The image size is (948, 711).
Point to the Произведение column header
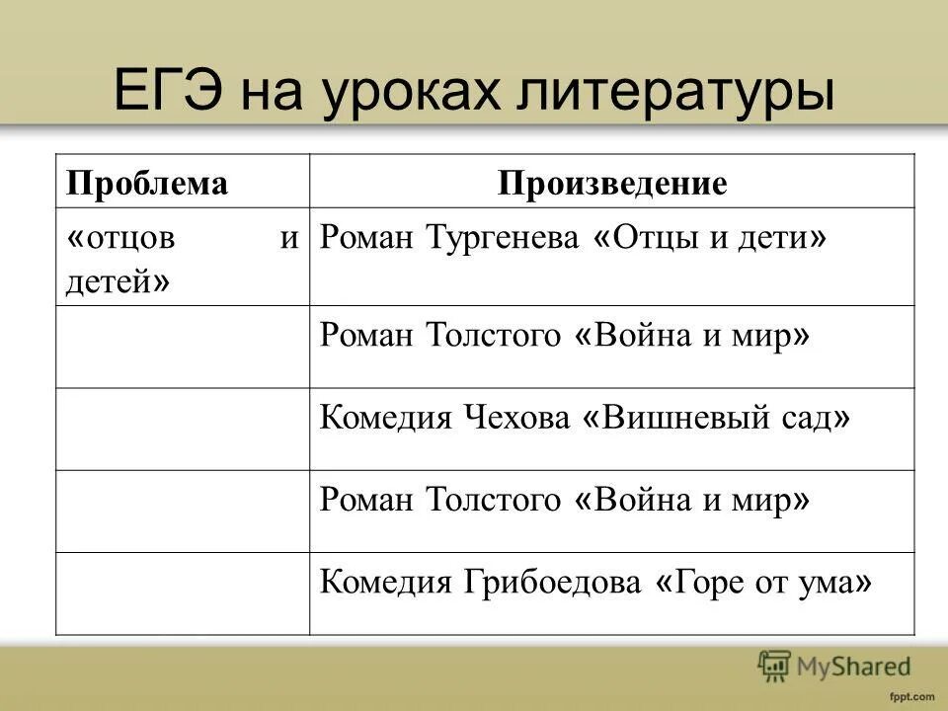pyautogui.click(x=612, y=184)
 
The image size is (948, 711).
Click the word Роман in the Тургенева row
pyautogui.click(x=367, y=239)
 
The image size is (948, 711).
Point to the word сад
pyautogui.click(x=809, y=419)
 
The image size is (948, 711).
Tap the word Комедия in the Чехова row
pyautogui.click(x=381, y=419)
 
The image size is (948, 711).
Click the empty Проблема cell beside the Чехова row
pyautogui.click(x=183, y=429)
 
